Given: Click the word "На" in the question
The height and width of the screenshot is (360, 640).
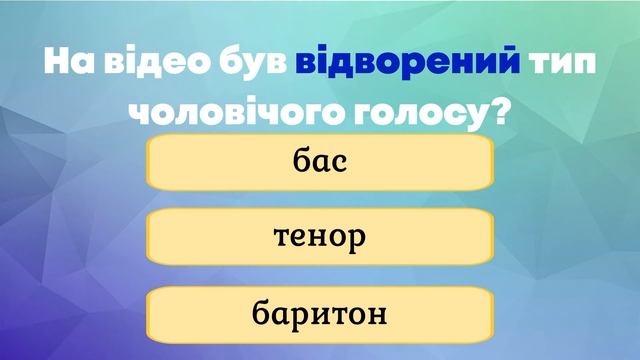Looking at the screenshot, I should point(70,62).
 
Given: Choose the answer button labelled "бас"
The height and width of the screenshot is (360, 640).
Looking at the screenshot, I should point(320,162).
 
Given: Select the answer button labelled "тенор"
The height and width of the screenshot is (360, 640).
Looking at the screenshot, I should point(320,237).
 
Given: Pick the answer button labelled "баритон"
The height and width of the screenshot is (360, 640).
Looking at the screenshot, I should point(320,313).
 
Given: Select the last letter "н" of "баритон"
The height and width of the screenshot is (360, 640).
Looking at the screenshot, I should point(378,314).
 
